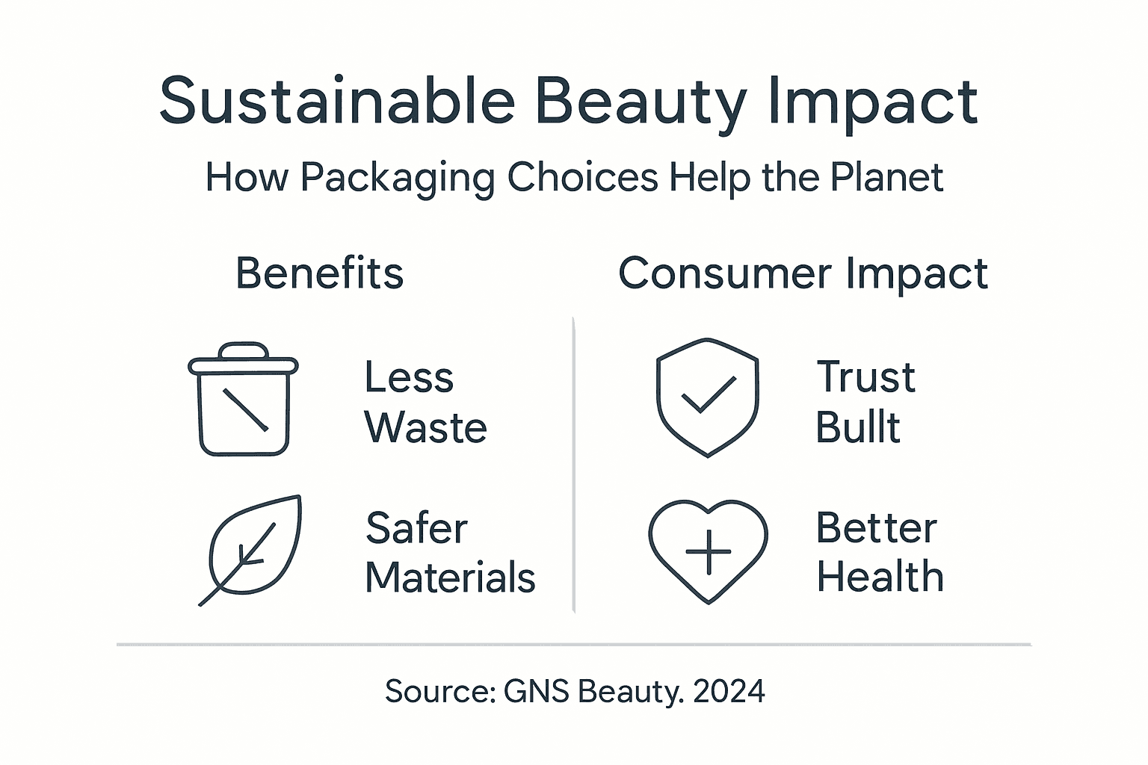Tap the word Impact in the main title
pos(872,102)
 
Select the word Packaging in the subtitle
pos(397,179)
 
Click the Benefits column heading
pos(319,273)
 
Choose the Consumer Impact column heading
pos(803,273)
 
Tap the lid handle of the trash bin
pos(243,350)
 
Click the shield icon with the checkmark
pos(707,397)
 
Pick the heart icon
pos(708,550)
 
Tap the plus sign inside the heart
pos(708,551)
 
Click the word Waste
pos(425,428)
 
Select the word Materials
pos(450,577)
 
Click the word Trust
pos(865,377)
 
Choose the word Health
pos(880,577)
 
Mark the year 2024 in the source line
pos(729,691)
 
